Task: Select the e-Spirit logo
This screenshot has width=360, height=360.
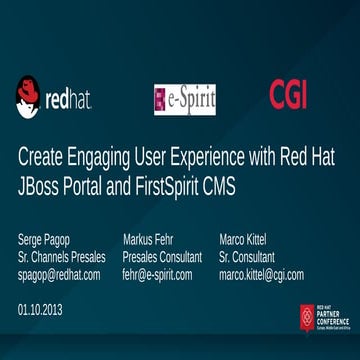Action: [185, 97]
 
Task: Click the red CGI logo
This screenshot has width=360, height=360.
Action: [289, 94]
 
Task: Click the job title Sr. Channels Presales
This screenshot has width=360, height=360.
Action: [62, 257]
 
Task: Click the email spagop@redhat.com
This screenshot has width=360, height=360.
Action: [59, 274]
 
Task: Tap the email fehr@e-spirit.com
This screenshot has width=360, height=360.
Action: [157, 274]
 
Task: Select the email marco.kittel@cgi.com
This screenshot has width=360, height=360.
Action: [262, 274]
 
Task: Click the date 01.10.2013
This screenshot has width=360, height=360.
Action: [40, 310]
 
